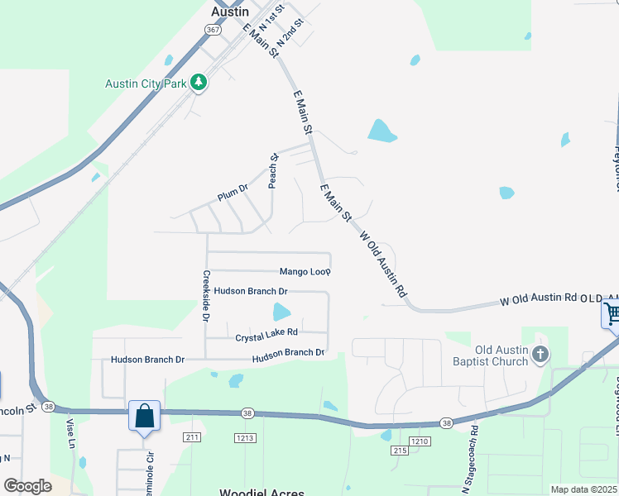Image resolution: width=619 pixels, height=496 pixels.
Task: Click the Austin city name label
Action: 230,12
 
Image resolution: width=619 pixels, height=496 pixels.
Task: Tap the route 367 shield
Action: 213,30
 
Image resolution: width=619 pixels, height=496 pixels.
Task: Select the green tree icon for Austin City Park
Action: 198,83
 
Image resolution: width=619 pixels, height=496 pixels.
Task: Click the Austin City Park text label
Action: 146,83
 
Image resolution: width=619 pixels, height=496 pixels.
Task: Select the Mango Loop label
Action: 305,271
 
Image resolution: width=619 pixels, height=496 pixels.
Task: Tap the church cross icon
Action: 540,355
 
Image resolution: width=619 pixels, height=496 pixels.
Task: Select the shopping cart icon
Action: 611,314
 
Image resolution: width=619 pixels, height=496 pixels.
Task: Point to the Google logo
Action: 27,486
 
